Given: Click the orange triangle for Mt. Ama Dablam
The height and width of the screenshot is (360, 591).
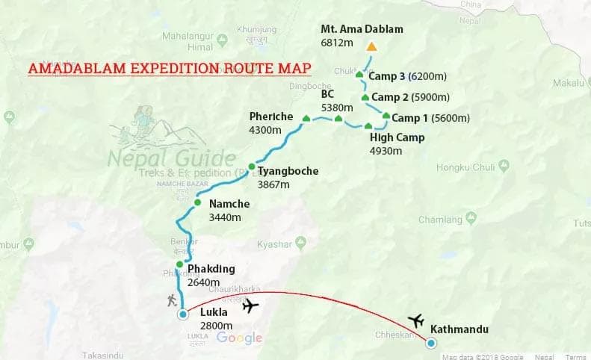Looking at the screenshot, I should click(371, 47).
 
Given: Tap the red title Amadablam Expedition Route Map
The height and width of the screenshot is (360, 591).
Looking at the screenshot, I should click(170, 69).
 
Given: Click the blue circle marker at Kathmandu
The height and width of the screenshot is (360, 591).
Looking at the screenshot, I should click(431, 343).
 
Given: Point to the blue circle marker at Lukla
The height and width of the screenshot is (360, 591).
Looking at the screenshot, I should click(183, 314).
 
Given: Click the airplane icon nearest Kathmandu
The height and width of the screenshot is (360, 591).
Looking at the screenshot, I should click(416, 321).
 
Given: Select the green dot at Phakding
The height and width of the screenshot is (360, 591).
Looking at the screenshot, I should click(179, 264).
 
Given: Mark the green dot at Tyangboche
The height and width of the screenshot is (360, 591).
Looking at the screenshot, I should click(252, 166).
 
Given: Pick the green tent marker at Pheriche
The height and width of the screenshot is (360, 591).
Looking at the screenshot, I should click(306, 118).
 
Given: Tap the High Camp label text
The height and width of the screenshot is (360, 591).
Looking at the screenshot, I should click(397, 137).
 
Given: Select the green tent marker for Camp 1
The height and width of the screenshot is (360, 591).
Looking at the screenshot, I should click(386, 116).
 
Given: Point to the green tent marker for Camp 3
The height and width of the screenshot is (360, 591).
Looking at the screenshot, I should click(359, 75).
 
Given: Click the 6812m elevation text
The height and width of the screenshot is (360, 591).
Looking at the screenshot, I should click(336, 43).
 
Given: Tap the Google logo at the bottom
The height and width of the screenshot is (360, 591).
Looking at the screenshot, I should click(239, 338).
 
